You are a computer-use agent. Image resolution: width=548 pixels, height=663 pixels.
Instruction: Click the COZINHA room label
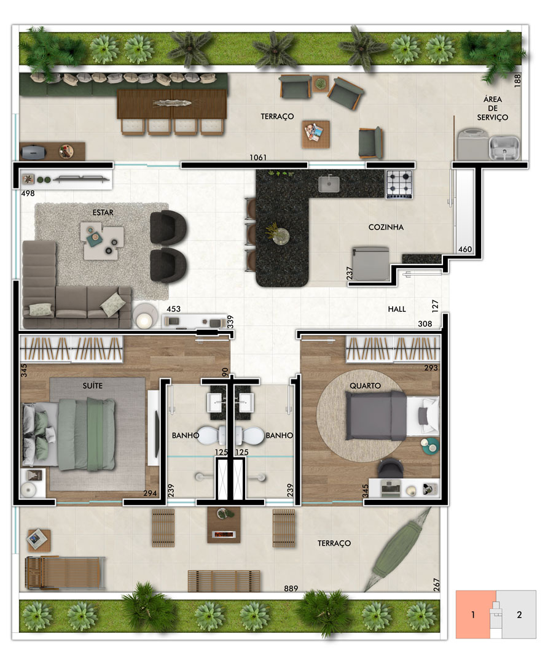(x=385, y=227)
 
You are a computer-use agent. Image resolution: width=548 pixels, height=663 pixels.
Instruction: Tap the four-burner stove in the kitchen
(x=399, y=184)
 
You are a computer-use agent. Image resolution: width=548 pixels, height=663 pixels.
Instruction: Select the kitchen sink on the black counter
(x=329, y=184)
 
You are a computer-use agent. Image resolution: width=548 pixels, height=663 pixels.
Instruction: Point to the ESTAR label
(x=103, y=212)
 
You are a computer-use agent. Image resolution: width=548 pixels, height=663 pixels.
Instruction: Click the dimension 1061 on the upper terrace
(x=257, y=157)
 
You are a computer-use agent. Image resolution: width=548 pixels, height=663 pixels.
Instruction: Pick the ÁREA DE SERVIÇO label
(x=493, y=108)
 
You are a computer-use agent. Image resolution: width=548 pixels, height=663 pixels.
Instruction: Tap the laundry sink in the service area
(x=504, y=147)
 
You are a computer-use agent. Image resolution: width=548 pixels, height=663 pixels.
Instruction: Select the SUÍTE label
(x=93, y=386)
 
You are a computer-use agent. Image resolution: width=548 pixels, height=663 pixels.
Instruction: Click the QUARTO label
(x=365, y=386)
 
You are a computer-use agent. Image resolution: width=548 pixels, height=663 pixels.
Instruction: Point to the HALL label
(x=397, y=309)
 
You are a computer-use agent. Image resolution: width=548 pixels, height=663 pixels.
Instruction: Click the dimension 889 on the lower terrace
(x=291, y=588)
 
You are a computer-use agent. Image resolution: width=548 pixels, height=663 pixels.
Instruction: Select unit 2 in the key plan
(x=519, y=615)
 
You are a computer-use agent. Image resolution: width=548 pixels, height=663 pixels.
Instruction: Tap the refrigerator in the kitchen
(x=370, y=264)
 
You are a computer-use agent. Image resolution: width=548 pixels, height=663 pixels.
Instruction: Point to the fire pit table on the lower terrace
(x=224, y=525)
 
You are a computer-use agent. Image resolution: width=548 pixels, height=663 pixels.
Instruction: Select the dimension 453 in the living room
(x=173, y=309)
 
